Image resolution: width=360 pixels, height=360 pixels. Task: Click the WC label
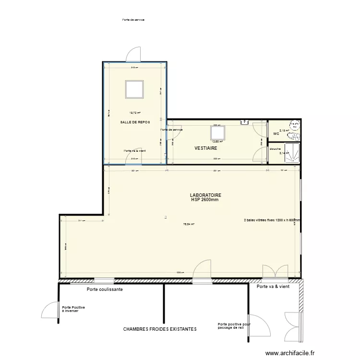pyautogui.click(x=276, y=134)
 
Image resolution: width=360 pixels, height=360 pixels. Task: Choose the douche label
pyautogui.click(x=275, y=149)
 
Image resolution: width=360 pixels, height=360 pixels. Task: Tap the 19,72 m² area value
pyautogui.click(x=134, y=113)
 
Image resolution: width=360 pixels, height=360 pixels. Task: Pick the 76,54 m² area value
pyautogui.click(x=189, y=224)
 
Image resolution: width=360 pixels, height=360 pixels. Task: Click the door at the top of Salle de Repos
pyautogui.click(x=133, y=55)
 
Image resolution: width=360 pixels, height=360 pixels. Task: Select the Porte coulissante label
pyautogui.click(x=105, y=289)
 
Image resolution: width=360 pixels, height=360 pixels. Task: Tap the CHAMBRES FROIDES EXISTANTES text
pyautogui.click(x=160, y=329)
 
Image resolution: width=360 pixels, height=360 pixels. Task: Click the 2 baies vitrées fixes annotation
pyautogui.click(x=272, y=220)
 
